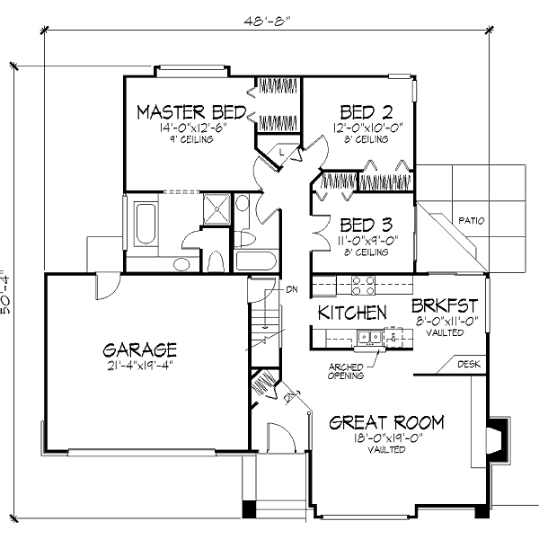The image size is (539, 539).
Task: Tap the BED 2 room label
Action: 367,112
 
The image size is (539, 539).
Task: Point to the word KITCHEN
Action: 353,313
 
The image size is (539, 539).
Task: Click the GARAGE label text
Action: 139,349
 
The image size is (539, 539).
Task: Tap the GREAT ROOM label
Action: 386,422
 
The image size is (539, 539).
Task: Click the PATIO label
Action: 471,218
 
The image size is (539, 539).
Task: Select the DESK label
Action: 469,364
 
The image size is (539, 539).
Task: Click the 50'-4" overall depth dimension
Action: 8,292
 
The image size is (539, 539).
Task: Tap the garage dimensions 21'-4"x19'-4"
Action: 138,366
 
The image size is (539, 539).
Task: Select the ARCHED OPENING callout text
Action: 346,371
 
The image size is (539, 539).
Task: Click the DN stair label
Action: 292,289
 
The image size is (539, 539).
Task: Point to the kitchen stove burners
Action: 362,285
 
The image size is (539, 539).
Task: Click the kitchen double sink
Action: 368,339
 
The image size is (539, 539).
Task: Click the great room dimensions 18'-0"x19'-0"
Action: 386,438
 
